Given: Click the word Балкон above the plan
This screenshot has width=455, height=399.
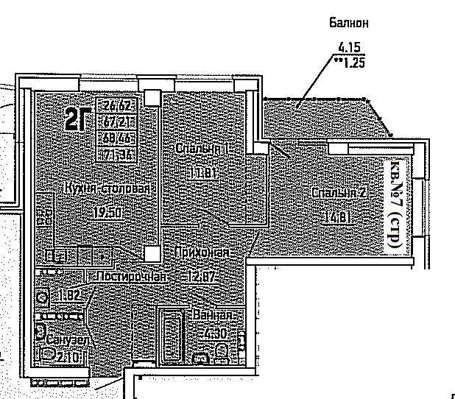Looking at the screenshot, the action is [x=348, y=23].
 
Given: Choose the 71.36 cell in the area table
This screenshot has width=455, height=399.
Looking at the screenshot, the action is [x=117, y=155].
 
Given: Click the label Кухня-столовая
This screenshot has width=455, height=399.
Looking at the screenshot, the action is [x=107, y=188].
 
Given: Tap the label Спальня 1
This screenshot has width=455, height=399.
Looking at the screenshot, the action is [x=200, y=149].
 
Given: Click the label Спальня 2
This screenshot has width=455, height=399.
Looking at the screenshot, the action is [x=339, y=193].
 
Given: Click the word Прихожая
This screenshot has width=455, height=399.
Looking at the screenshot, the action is [x=202, y=253].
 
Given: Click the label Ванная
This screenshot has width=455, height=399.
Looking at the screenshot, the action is [x=214, y=315].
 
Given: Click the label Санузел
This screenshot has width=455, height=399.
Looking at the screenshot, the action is [x=68, y=341].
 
